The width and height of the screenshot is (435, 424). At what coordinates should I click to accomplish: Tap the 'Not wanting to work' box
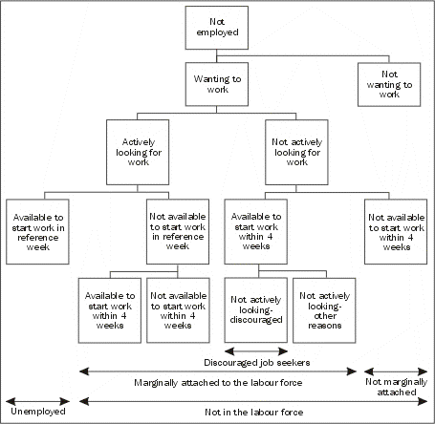click(388, 83)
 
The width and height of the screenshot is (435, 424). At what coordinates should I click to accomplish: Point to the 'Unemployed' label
click(38, 412)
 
